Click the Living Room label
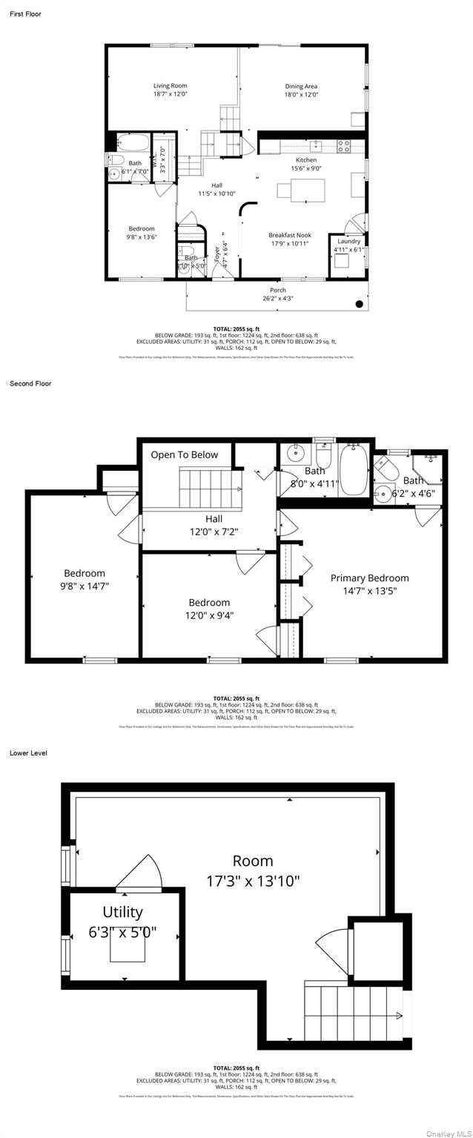click(x=170, y=86)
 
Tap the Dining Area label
click(x=301, y=86)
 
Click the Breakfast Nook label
click(x=289, y=235)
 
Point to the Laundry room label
click(x=348, y=241)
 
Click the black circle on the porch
click(x=360, y=303)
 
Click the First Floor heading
click(x=25, y=14)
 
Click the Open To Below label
click(x=185, y=454)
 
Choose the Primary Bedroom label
click(x=369, y=578)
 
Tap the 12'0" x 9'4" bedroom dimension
click(x=209, y=615)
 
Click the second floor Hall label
click(x=214, y=519)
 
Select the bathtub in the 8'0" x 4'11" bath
click(x=354, y=471)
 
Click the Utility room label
click(x=123, y=912)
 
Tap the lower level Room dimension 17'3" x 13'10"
click(x=253, y=881)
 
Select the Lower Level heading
click(x=28, y=752)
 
